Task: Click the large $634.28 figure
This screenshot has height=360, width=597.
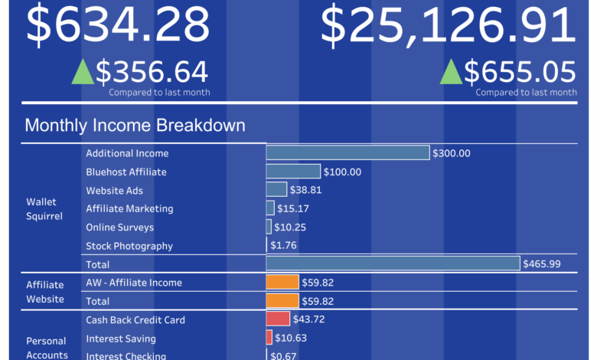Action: [x=118, y=25]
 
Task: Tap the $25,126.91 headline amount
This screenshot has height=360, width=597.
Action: [x=448, y=25]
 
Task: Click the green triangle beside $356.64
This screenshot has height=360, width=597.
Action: [x=83, y=72]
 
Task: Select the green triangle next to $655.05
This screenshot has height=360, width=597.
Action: [x=452, y=72]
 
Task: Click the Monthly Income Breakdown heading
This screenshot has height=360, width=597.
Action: [x=135, y=126]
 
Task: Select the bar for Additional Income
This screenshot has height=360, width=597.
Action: [x=347, y=152]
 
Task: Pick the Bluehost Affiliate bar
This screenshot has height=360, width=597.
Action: [x=293, y=172]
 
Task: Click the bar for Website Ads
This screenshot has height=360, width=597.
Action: [x=276, y=189]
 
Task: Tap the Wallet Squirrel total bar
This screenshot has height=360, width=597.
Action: [x=393, y=263]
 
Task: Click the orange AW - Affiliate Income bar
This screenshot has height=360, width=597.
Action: [x=282, y=282]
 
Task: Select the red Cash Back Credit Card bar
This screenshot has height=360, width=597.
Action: [x=278, y=319]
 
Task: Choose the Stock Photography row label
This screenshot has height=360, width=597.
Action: [x=129, y=246]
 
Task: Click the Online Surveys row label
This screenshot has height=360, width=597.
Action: [x=119, y=227]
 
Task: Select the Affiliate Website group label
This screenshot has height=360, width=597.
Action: [x=46, y=291]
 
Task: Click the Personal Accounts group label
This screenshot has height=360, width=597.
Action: [x=46, y=348]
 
